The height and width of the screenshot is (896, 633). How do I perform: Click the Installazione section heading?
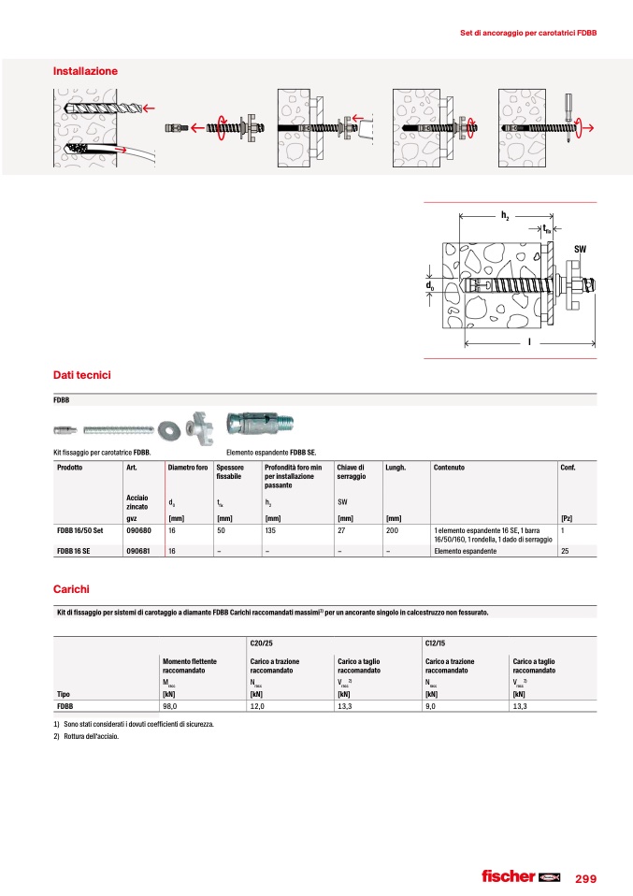tap(85, 70)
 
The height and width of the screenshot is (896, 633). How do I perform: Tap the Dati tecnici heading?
tap(82, 375)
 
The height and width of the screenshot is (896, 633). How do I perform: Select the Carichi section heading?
tap(71, 589)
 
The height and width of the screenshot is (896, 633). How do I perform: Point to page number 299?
tap(585, 877)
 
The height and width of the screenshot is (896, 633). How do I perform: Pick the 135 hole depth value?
tap(271, 529)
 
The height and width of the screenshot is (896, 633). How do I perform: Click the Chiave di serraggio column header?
tap(352, 471)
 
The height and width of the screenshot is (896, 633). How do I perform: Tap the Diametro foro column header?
tap(187, 467)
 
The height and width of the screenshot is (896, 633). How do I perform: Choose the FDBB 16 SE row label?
tap(79, 551)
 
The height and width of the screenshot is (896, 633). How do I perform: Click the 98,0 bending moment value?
tap(170, 707)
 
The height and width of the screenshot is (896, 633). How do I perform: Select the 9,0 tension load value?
tap(430, 707)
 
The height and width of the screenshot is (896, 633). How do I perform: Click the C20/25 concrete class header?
tap(261, 644)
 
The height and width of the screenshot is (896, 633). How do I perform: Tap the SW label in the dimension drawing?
tap(580, 248)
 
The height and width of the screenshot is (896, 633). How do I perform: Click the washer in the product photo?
tap(171, 428)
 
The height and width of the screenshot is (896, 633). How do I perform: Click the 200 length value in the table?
tap(392, 529)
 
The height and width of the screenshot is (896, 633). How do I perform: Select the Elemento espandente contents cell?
tap(465, 551)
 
